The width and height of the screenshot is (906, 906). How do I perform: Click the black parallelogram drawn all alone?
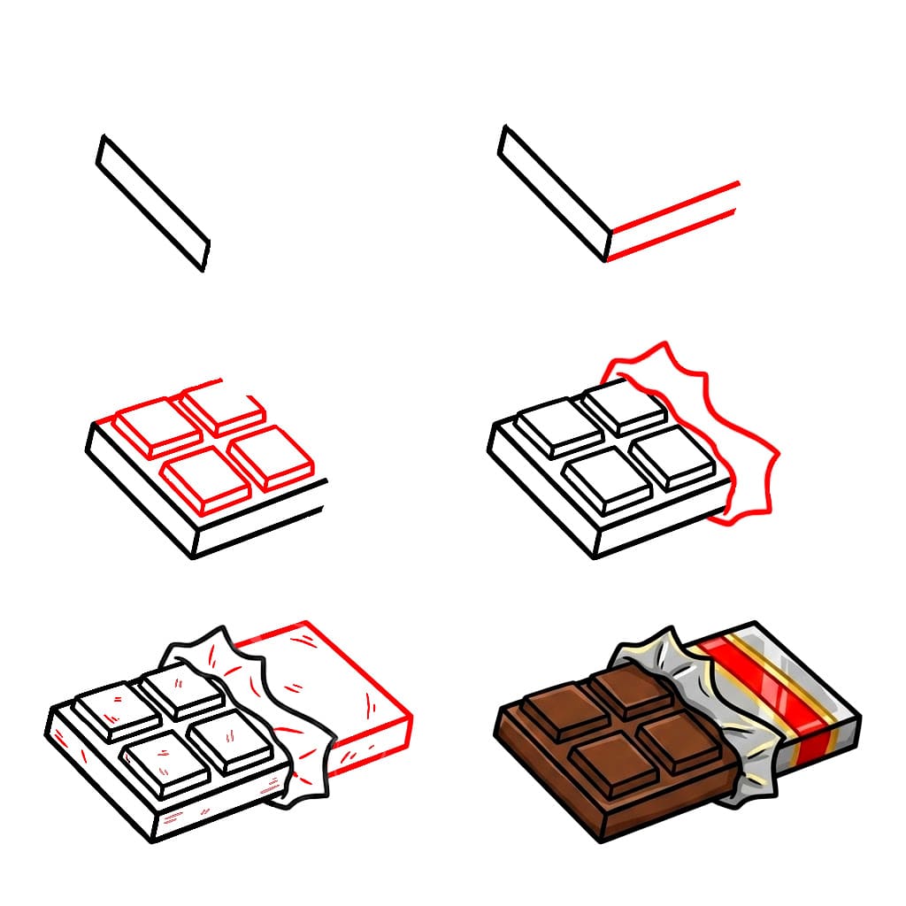tap(152, 203)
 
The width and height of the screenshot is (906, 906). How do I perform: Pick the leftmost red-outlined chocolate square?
tap(157, 425)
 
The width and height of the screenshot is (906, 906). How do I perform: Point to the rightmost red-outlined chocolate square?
tap(273, 458)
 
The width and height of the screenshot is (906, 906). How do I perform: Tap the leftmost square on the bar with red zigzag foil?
tap(557, 426)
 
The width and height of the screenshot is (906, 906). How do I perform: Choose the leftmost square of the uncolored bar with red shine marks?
tap(115, 710)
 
